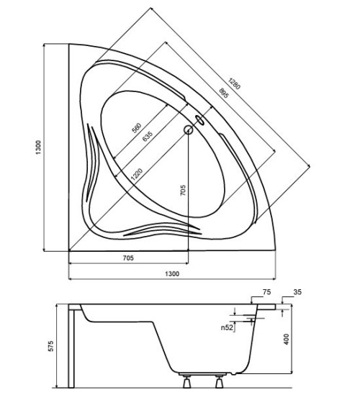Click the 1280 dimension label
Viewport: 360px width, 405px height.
pos(234,83)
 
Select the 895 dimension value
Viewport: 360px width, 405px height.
pos(224,93)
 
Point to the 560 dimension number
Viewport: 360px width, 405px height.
pos(137,128)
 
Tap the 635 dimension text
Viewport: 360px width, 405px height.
pos(148,136)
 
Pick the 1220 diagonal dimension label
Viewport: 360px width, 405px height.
pos(137,174)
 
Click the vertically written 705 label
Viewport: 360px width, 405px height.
pos(183,190)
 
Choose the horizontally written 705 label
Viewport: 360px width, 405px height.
pos(128,258)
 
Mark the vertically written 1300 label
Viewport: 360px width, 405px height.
pos(38,147)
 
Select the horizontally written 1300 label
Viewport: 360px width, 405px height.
pos(172,273)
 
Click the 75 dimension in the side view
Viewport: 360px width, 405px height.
pos(266,292)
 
